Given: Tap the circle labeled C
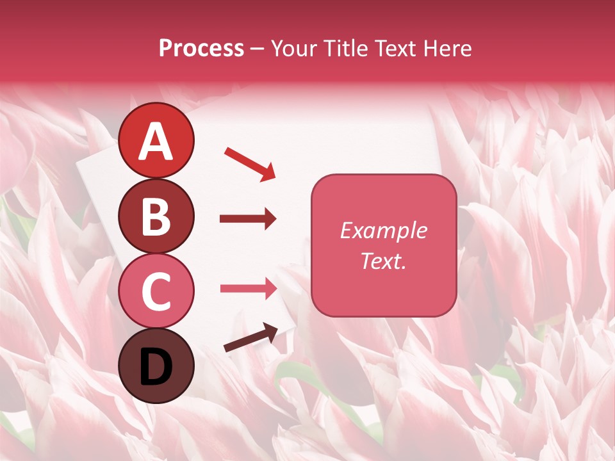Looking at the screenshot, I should [x=156, y=291].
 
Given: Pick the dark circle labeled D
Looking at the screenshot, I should [x=156, y=366].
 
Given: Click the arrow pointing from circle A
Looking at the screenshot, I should [x=250, y=164].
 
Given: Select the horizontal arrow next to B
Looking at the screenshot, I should [x=248, y=219].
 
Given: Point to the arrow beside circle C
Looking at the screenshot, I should [x=248, y=288].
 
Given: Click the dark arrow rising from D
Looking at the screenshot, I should [x=250, y=338].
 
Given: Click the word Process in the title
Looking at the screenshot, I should [x=201, y=48].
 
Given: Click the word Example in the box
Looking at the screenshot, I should [x=383, y=230].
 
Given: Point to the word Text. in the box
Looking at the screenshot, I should [x=383, y=261].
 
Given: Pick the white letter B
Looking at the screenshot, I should [x=156, y=216].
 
